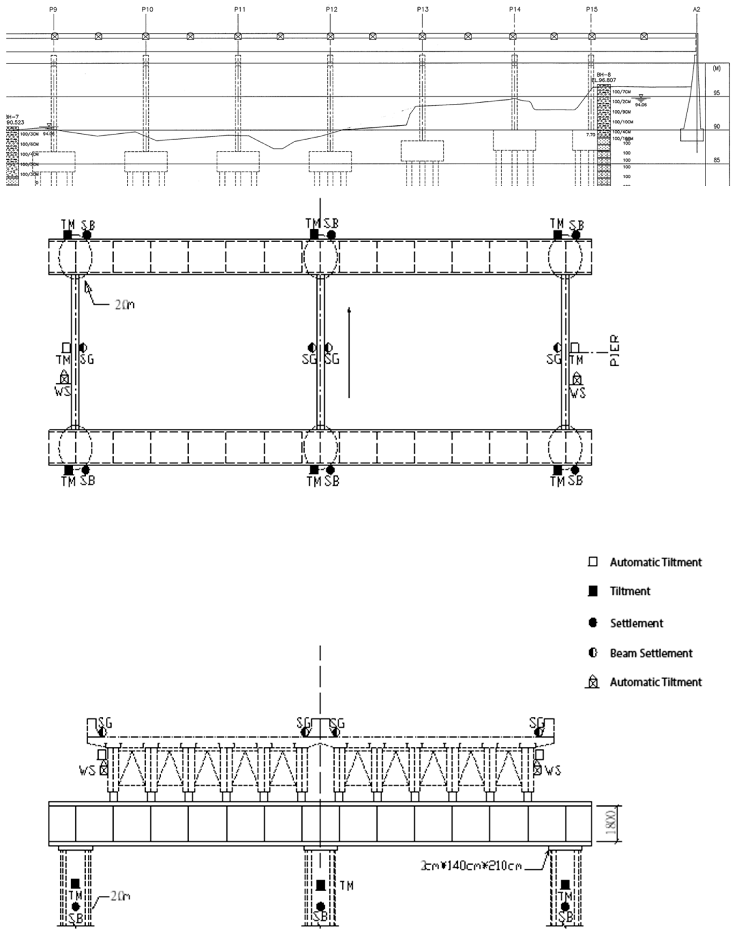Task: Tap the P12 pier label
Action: (x=331, y=9)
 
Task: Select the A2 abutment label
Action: (x=697, y=9)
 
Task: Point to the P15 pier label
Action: (x=592, y=9)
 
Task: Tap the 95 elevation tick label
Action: (x=716, y=93)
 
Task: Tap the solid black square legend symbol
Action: (x=593, y=591)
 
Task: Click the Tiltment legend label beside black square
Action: (x=630, y=591)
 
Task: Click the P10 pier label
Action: (x=147, y=9)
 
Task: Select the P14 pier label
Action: (x=515, y=9)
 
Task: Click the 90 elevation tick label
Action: (x=716, y=126)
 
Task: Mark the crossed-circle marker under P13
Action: (x=422, y=36)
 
